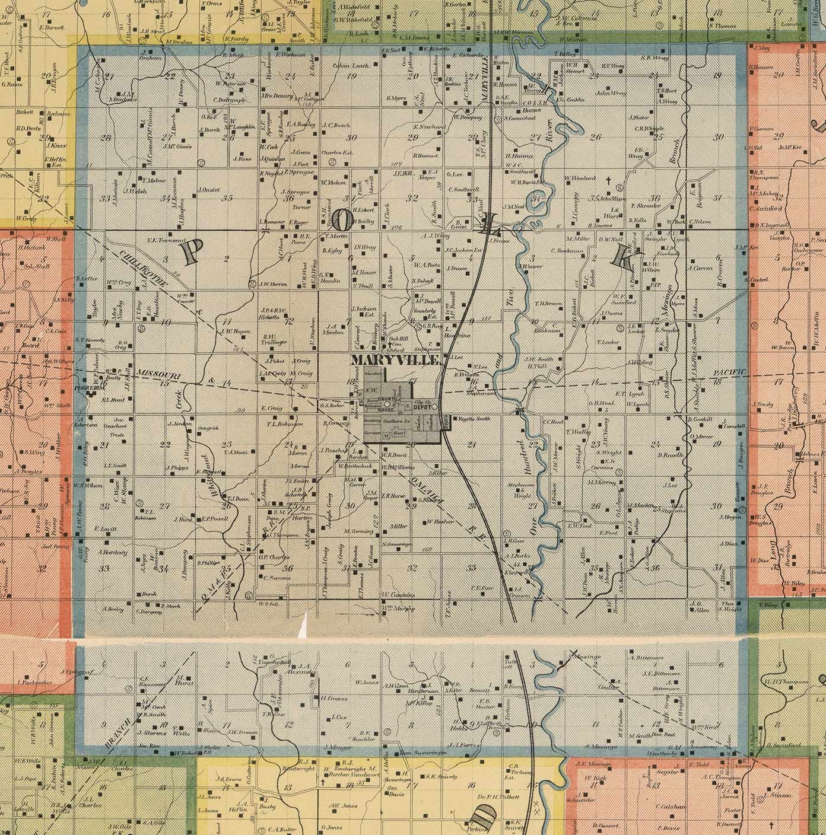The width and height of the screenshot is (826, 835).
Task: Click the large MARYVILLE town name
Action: point(395,361)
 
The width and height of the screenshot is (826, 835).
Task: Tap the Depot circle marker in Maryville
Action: point(435,406)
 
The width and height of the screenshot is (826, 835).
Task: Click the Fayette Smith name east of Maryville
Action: point(472,419)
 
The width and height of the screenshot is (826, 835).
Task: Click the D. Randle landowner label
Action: point(671,455)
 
